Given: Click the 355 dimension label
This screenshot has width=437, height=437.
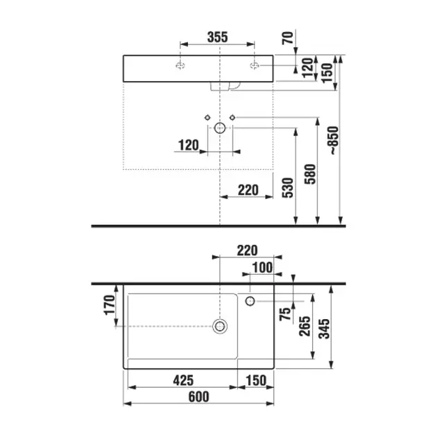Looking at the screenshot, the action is tap(217, 37).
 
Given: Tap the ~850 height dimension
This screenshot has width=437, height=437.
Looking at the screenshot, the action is tap(334, 140).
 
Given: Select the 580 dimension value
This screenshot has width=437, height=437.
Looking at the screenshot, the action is tap(310, 174).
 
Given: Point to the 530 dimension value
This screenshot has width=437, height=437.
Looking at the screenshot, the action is tap(288, 188).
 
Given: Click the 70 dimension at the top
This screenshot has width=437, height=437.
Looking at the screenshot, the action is tap(288, 38).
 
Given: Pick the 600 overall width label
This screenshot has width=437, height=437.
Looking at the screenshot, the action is tap(198, 397).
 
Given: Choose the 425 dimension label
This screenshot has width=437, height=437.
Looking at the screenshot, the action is tap(183, 380).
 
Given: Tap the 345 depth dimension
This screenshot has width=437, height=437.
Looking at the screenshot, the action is tap(324, 329).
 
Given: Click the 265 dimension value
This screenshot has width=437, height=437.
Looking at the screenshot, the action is tap(305, 326).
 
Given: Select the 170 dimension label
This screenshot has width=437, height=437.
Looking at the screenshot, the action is tap(110, 305).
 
